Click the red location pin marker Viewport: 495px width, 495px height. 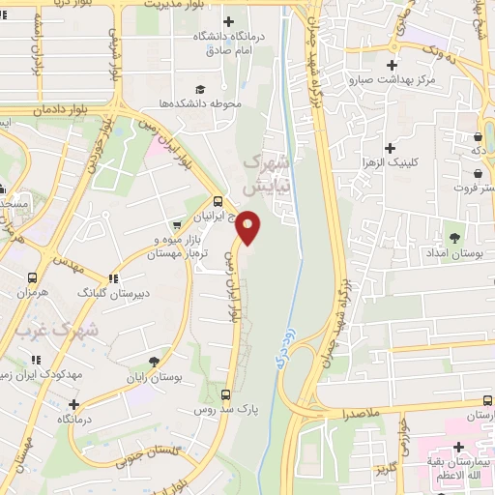pos(249,227)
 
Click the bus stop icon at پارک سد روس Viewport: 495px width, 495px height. pos(225,394)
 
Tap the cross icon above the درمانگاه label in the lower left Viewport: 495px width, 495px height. pos(73,403)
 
